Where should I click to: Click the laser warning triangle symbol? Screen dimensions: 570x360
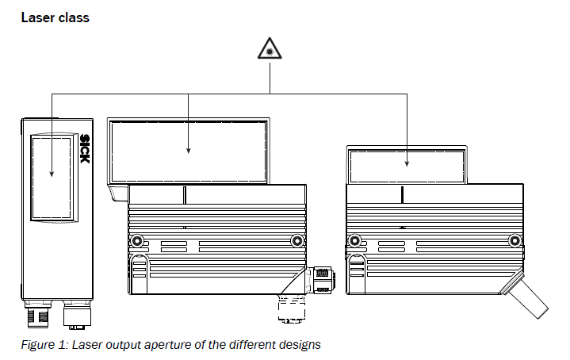point(270,48)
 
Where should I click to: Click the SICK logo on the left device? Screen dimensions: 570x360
point(84,149)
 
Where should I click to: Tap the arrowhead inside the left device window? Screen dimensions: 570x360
point(52,174)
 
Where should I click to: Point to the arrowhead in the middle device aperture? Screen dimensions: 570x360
point(189,150)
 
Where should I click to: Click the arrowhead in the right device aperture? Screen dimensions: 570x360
point(407,163)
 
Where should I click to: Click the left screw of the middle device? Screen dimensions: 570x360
point(137,240)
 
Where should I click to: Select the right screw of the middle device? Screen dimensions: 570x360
point(297,240)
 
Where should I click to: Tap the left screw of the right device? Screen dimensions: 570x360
point(354,240)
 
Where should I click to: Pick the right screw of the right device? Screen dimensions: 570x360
point(515,240)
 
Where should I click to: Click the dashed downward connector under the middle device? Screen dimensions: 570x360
point(292,308)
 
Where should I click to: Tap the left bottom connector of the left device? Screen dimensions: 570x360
point(38,313)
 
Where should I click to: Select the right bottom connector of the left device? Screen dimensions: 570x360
point(78,315)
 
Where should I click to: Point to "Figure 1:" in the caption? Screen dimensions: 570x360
point(44,344)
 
